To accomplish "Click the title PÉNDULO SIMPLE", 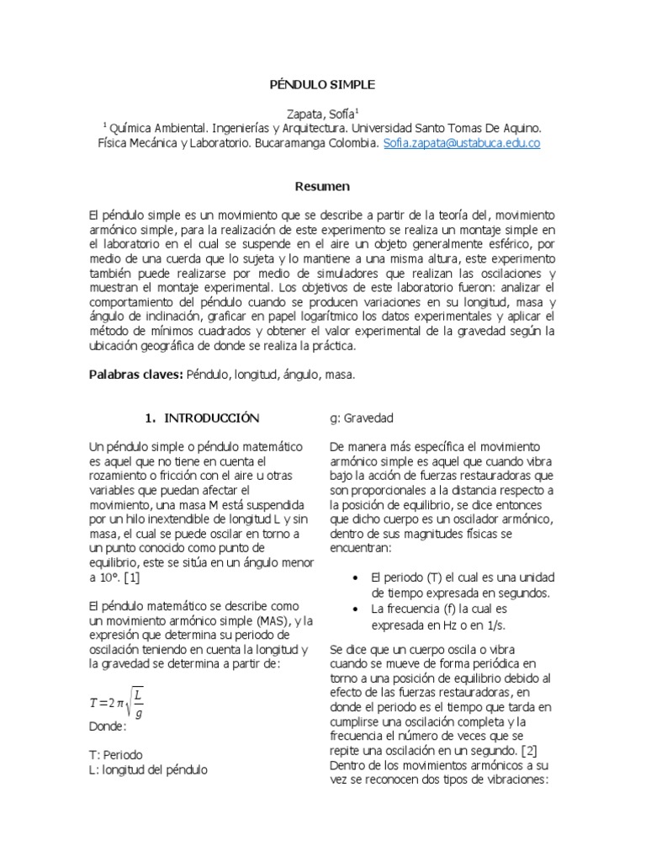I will click(322, 85).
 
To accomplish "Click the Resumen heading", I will click(322, 186).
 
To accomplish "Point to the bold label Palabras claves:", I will click(135, 375).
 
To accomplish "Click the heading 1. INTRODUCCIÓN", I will click(202, 418).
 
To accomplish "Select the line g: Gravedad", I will click(361, 418).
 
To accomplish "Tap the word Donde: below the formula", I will click(107, 726).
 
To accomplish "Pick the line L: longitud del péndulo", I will click(148, 769).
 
